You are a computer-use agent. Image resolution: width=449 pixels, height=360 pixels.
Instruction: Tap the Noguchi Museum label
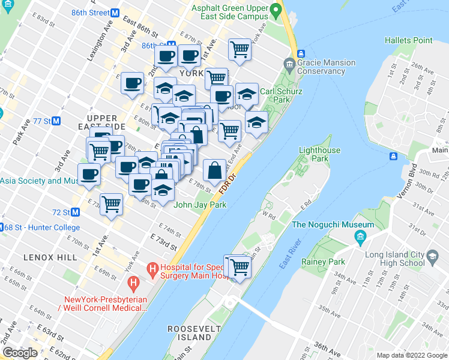pos(333,225)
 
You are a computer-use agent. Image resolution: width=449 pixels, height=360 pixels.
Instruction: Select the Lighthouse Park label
pos(319,155)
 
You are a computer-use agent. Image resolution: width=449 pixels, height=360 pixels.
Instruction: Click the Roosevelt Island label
pos(190,334)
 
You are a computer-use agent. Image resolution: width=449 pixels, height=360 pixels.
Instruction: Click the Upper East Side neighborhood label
pos(106,122)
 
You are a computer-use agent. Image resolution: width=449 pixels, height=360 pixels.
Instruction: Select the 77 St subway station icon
pos(56,121)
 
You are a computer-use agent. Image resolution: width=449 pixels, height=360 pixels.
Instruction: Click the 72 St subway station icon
pos(76,212)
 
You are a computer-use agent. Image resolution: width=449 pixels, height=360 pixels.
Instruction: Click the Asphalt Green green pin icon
pos(275,10)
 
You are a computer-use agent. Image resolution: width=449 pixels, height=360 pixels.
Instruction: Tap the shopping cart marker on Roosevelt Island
pos(240,266)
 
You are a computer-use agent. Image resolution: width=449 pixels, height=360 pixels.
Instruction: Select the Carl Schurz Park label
pos(281,96)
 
